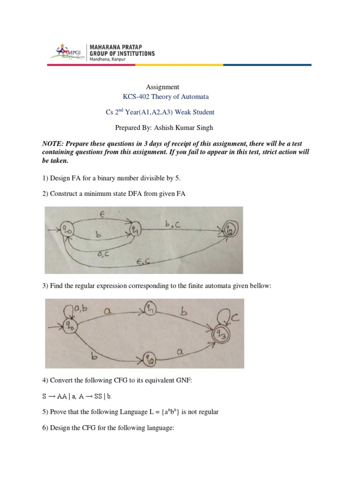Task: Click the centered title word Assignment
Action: [x=163, y=87]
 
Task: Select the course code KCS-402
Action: [x=136, y=97]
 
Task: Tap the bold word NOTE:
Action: [x=54, y=145]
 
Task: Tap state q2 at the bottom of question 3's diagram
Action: [x=150, y=360]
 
